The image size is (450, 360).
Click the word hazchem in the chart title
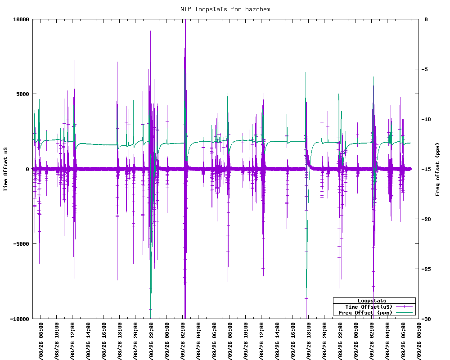(x=257, y=9)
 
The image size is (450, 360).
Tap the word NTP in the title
(x=186, y=9)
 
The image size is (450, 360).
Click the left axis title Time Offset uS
(x=5, y=169)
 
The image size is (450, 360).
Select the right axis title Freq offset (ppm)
(x=437, y=169)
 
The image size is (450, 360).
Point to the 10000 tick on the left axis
(x=21, y=19)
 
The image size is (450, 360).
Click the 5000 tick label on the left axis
(x=23, y=94)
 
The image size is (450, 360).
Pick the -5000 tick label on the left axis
(x=21, y=244)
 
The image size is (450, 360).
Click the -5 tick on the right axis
(x=426, y=69)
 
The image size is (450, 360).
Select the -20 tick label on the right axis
(x=427, y=219)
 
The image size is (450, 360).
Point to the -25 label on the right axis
(x=427, y=269)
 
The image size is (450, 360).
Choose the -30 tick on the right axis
(x=427, y=319)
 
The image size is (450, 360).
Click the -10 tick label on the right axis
(x=427, y=119)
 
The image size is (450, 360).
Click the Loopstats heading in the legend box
(x=372, y=301)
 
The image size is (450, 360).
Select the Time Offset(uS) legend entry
(x=369, y=307)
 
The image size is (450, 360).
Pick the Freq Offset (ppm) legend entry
(x=365, y=313)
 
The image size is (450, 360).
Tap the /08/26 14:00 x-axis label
(x=88, y=341)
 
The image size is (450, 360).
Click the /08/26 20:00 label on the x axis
(x=135, y=341)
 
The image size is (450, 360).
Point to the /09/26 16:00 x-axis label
(x=293, y=341)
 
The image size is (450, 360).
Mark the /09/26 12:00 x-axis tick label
(x=261, y=341)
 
